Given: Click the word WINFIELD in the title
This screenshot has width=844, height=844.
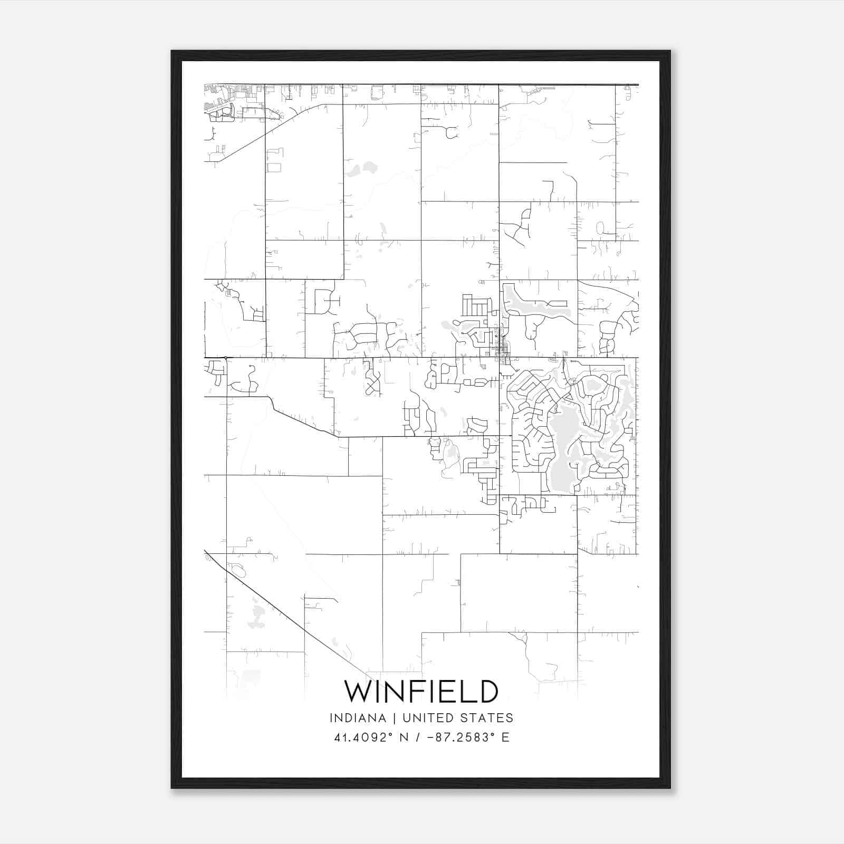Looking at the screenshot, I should pos(421,692).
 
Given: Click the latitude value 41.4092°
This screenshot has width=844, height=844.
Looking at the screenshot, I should pos(365,737).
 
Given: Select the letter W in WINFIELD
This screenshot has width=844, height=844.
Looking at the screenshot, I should pos(358,692).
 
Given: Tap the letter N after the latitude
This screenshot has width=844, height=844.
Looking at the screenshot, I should pos(405,737).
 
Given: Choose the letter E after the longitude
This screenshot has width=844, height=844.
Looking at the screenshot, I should pos(505,737).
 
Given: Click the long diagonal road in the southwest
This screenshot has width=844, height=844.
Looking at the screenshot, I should pos(295,617).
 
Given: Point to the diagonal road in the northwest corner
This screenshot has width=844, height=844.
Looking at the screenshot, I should pos(264,132).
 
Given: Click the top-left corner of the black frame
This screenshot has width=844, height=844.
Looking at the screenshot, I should pos(172,51).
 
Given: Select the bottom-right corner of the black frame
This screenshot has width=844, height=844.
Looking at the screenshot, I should pos(670,788).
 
